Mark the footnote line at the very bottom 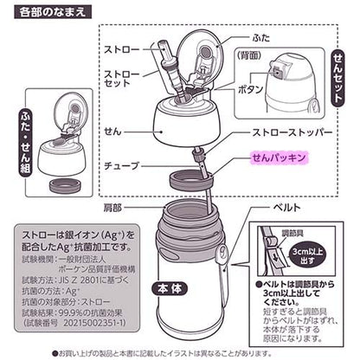point(182,352)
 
